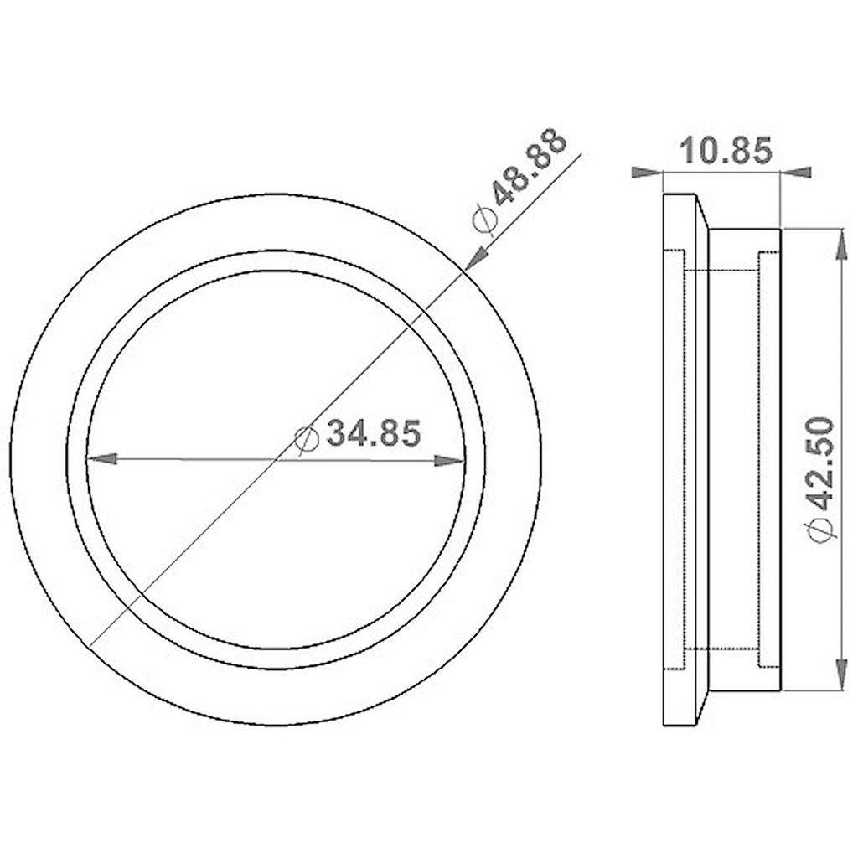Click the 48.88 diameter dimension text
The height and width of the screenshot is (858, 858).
pos(530,168)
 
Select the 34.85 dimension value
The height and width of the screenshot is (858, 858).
pos(372,434)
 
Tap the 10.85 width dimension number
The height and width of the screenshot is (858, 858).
pos(724,152)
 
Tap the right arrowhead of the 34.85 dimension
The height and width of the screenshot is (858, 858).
pos(451,459)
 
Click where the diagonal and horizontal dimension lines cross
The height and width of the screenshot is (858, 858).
pos(276,459)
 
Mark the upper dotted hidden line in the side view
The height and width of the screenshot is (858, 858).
pos(722,269)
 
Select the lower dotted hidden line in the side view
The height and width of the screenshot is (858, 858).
pos(722,649)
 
